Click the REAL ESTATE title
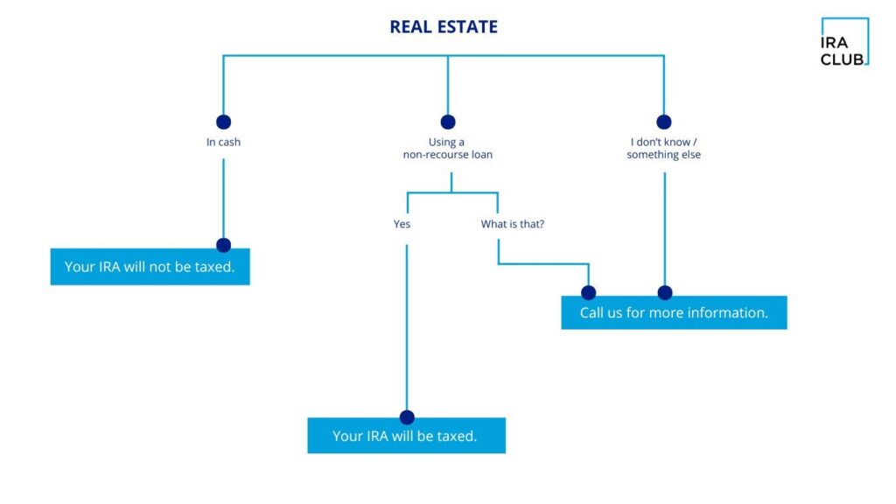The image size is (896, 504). pos(444,27)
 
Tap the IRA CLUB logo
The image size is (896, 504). pos(843,42)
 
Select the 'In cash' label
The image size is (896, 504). pos(223,142)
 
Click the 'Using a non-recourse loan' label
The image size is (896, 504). pos(447,148)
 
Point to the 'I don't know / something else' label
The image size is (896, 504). pos(663,148)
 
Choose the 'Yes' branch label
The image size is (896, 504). pos(402,224)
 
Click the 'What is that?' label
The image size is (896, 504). pos(512,224)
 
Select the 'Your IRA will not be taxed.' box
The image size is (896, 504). pos(150,267)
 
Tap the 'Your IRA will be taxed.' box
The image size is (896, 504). pos(406,436)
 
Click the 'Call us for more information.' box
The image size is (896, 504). pos(674,312)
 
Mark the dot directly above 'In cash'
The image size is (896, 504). pos(223,122)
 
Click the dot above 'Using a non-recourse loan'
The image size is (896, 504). pos(448,122)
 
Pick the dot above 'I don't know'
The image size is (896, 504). pos(663,122)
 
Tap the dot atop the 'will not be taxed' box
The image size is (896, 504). pos(223,245)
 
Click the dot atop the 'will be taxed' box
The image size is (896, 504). pos(407,417)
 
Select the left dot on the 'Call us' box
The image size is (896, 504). pos(589,292)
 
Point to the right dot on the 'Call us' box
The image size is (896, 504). pos(665,292)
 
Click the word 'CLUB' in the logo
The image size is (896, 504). pos(842,59)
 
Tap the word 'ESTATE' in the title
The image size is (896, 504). pos(466,27)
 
